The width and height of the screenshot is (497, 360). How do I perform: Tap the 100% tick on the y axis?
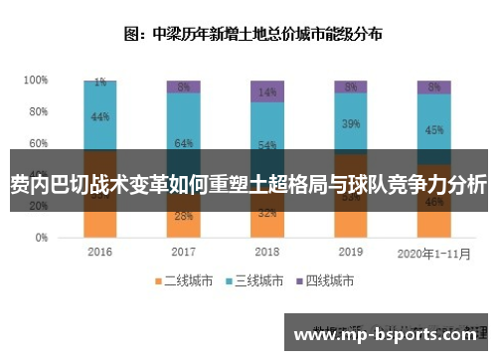tap(36, 80)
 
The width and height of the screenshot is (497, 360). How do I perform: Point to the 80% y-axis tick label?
tap(38, 111)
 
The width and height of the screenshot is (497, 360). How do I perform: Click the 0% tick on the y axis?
tap(41, 239)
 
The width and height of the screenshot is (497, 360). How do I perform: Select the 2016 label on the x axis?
tap(99, 253)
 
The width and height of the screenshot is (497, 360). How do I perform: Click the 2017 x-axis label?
tap(183, 253)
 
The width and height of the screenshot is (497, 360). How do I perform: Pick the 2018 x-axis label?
tap(265, 253)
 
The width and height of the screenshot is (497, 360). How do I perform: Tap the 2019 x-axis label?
tap(350, 253)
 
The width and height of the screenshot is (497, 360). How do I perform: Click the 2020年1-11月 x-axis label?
tap(432, 253)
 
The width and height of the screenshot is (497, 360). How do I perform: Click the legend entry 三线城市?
tap(255, 281)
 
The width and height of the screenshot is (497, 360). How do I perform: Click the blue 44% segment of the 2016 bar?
tap(99, 116)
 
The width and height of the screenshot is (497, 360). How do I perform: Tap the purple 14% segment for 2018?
tap(266, 91)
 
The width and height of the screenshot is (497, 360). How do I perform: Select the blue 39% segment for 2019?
tap(350, 124)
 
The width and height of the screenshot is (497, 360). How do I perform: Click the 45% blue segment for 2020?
tap(433, 129)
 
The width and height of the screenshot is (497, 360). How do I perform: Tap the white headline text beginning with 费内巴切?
tap(248, 184)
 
